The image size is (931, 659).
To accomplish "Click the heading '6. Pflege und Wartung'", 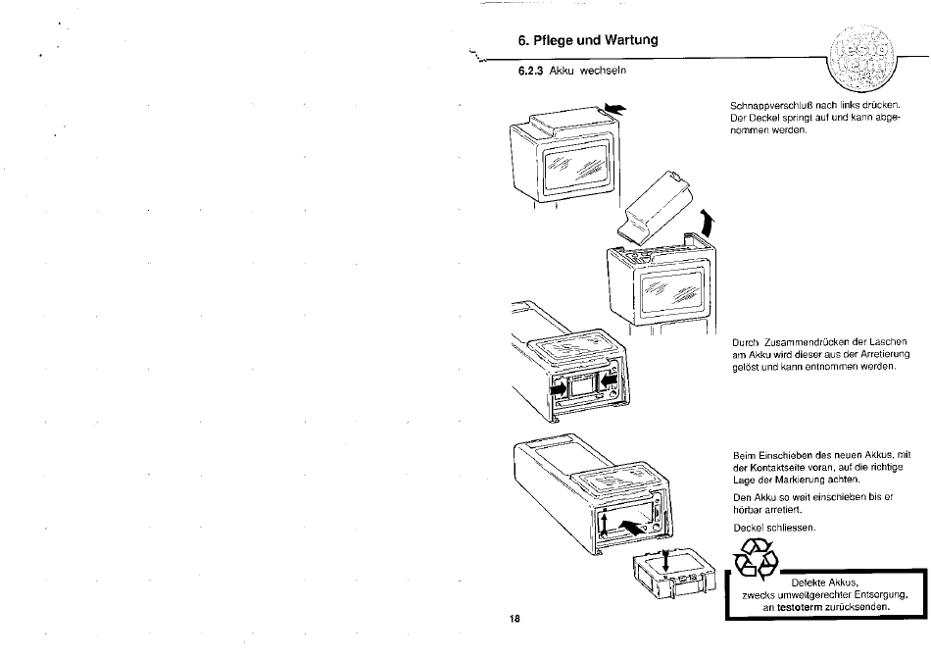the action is (588, 40).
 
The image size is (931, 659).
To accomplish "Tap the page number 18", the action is (514, 619).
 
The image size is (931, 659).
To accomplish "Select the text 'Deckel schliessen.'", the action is (774, 528).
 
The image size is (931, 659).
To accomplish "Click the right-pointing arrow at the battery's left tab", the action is (559, 388).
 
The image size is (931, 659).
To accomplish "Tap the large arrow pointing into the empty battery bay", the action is (631, 526).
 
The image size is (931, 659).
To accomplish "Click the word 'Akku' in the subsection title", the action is (560, 71).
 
